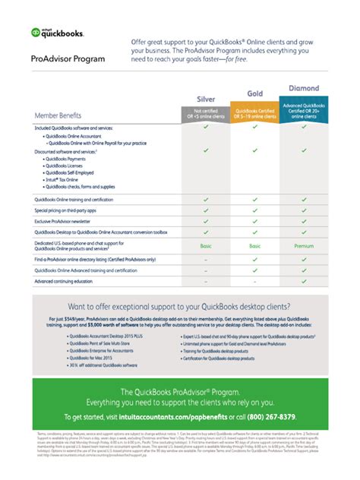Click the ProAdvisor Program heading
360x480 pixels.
pyautogui.click(x=68, y=58)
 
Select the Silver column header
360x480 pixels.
pyautogui.click(x=205, y=99)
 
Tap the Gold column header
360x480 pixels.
pyautogui.click(x=254, y=93)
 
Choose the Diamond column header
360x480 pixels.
pyautogui.click(x=303, y=88)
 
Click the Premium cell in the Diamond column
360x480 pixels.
pyautogui.click(x=303, y=246)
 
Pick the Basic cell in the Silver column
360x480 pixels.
pyautogui.click(x=205, y=246)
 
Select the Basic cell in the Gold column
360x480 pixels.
pyautogui.click(x=254, y=246)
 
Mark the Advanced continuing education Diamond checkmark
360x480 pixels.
pyautogui.click(x=303, y=281)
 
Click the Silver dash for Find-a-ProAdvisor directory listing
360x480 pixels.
pyautogui.click(x=205, y=260)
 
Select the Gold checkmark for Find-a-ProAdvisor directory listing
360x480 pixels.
pyautogui.click(x=254, y=260)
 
